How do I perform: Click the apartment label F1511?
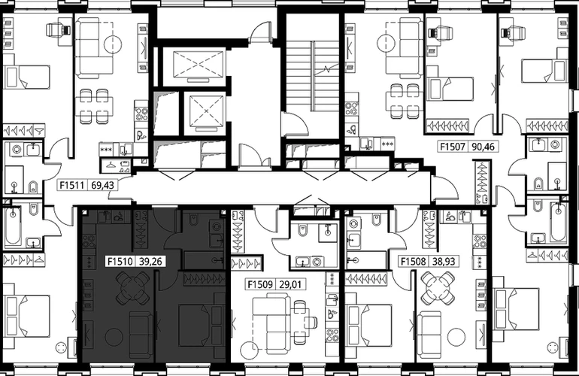(72, 185)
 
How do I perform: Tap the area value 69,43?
(103, 185)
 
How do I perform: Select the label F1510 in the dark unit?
(120, 262)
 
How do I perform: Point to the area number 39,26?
(150, 262)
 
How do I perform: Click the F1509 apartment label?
(260, 284)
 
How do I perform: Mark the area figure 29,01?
(290, 284)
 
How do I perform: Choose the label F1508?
(414, 262)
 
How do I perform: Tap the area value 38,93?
(444, 262)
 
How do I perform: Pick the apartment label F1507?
(453, 146)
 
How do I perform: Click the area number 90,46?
(483, 146)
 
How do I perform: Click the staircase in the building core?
(313, 76)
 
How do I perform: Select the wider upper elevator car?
(199, 65)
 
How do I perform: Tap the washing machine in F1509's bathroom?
(317, 262)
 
